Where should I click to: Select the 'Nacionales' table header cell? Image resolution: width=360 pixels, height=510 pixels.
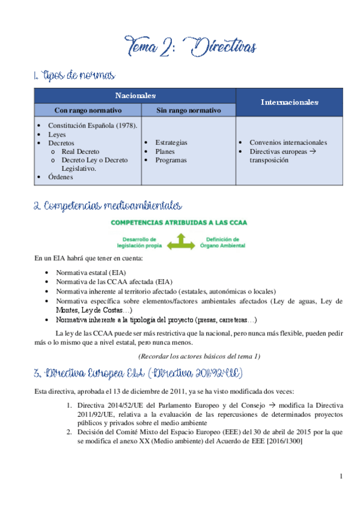click(135, 96)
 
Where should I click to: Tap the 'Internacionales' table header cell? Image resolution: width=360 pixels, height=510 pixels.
click(289, 102)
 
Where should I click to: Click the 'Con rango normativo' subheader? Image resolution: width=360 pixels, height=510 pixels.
click(88, 110)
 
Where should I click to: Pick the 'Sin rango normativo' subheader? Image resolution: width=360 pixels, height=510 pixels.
click(188, 110)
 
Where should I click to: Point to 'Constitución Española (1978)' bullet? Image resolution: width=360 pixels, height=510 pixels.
click(93, 126)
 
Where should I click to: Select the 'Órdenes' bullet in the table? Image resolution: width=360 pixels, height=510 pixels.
click(61, 177)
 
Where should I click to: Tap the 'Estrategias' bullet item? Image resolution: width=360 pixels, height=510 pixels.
click(171, 143)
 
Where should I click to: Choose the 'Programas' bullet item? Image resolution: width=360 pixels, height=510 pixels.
click(171, 160)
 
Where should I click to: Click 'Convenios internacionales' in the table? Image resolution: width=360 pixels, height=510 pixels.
click(288, 143)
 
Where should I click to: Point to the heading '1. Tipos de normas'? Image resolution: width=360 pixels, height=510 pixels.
click(74, 76)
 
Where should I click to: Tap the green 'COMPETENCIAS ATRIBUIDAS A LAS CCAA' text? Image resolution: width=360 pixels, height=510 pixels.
click(178, 222)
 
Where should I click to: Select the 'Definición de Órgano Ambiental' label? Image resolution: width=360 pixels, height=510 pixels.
click(224, 242)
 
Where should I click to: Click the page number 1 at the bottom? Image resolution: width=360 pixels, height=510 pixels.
click(341, 478)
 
